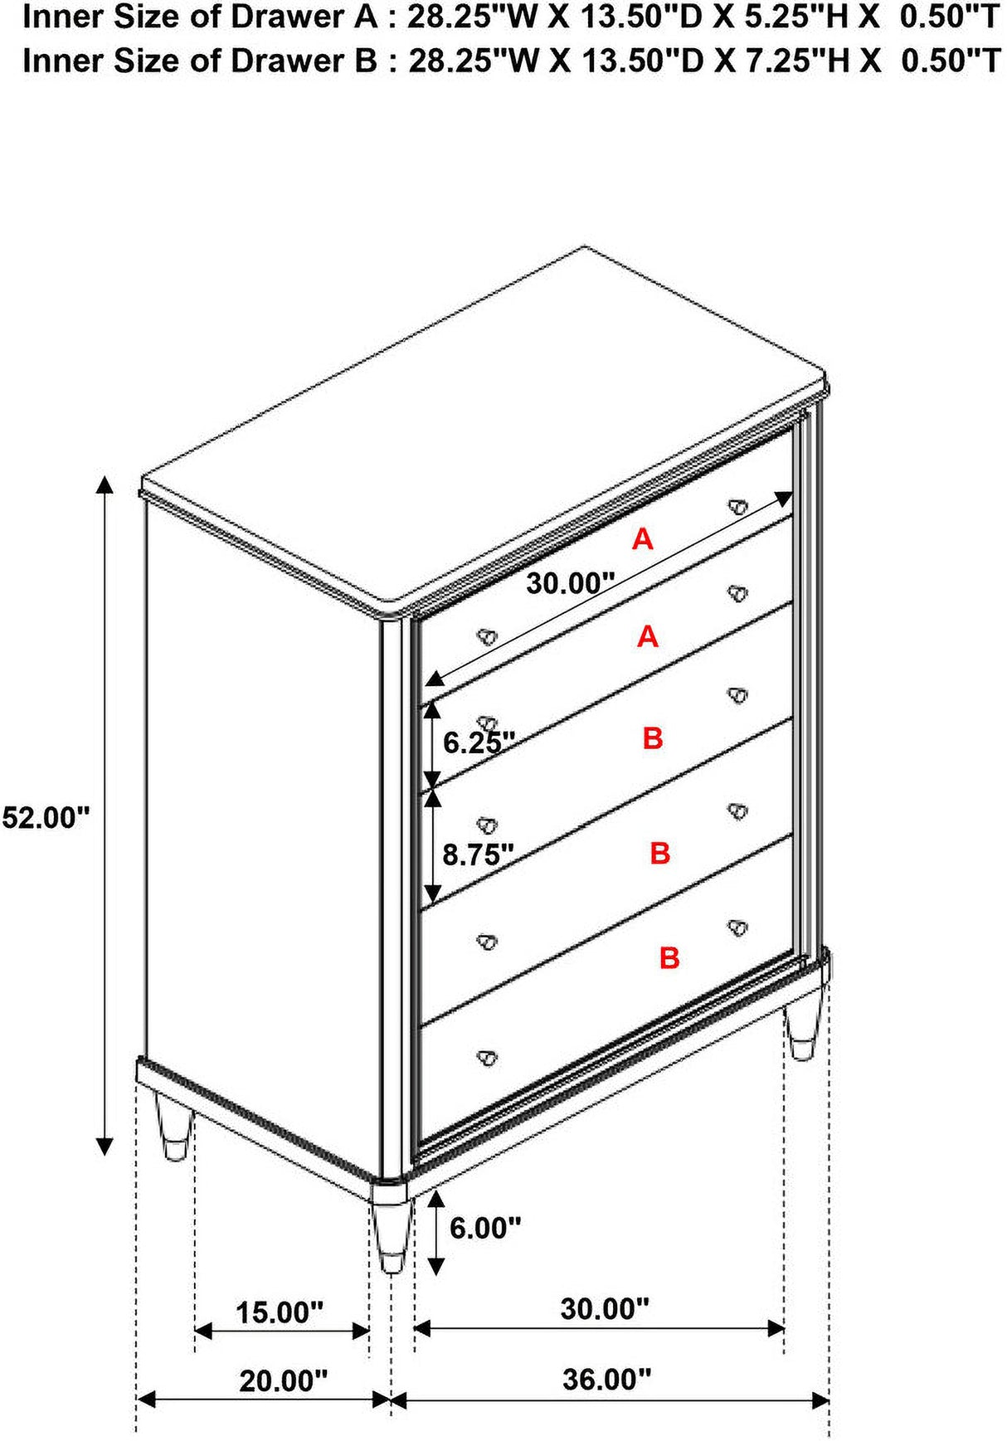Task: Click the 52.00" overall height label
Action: coord(45,817)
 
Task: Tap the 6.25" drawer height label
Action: coord(479,742)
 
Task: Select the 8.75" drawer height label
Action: coord(478,854)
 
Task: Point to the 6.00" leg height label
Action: coord(485,1227)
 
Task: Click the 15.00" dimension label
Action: coord(280,1312)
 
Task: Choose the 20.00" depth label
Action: coord(284,1380)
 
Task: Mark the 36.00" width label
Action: coord(607,1379)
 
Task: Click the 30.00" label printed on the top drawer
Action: coord(571,583)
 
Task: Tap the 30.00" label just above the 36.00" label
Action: coord(605,1308)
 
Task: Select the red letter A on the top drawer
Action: coord(643,539)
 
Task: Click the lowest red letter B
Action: coord(669,957)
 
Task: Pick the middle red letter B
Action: coord(660,852)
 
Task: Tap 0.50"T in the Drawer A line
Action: coord(951,17)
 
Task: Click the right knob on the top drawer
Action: coord(737,506)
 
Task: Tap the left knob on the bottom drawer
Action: coord(487,1057)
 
